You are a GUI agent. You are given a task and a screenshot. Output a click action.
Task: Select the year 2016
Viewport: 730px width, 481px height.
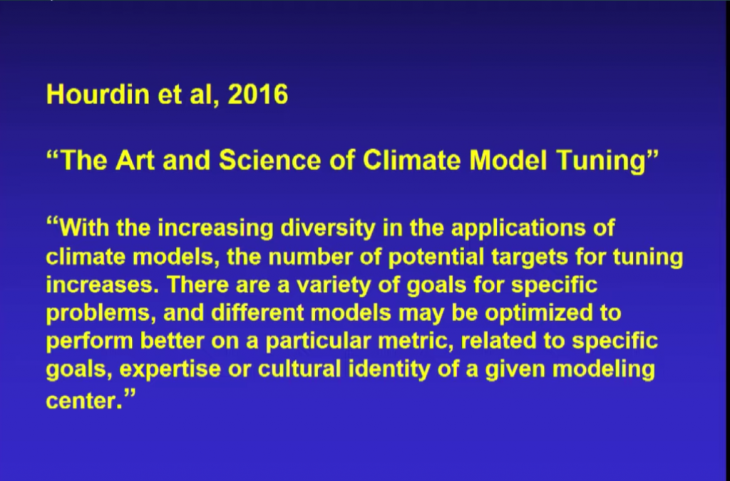click(x=257, y=94)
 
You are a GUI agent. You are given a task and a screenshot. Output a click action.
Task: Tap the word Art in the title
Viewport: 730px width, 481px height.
click(x=135, y=160)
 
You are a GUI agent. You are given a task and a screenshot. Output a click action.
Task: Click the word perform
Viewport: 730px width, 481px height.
click(x=89, y=341)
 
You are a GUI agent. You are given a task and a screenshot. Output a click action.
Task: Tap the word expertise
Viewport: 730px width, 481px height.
click(x=170, y=370)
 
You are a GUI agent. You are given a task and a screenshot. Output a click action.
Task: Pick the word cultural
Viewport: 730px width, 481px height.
click(x=299, y=369)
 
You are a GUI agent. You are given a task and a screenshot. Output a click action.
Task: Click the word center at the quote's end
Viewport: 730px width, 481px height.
click(x=84, y=401)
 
